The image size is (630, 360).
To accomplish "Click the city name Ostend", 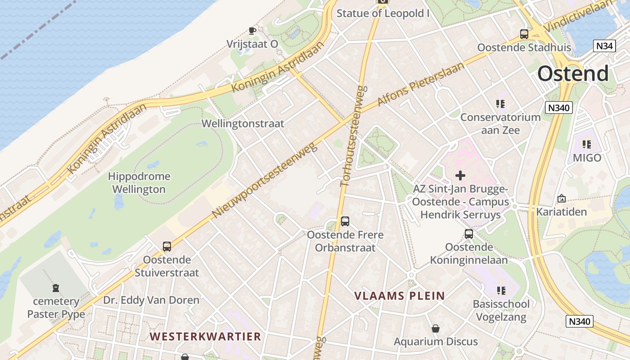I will pyautogui.click(x=573, y=73).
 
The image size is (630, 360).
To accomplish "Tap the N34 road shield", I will pyautogui.click(x=604, y=46).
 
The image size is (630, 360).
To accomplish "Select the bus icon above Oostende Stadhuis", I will pyautogui.click(x=524, y=34).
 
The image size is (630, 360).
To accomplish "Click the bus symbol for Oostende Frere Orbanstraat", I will pyautogui.click(x=345, y=221).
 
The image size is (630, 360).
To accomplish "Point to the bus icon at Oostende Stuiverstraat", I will pyautogui.click(x=167, y=247).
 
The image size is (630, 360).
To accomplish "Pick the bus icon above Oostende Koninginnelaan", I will pyautogui.click(x=469, y=234).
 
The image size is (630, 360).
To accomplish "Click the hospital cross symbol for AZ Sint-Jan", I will pyautogui.click(x=460, y=175).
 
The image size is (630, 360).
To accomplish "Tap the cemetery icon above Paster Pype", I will pyautogui.click(x=56, y=288).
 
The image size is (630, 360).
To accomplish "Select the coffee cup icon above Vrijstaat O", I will pyautogui.click(x=252, y=31).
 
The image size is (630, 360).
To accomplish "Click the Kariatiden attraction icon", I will pyautogui.click(x=561, y=198).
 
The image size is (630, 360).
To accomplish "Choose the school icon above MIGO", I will pyautogui.click(x=587, y=144).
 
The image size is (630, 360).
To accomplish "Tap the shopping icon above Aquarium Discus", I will pyautogui.click(x=436, y=328).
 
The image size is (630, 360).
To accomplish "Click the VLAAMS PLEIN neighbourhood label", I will pyautogui.click(x=399, y=296).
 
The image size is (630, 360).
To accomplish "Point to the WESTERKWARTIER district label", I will pyautogui.click(x=205, y=336).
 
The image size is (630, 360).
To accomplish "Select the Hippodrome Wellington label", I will pyautogui.click(x=139, y=183).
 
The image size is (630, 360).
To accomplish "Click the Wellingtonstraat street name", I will pyautogui.click(x=243, y=123).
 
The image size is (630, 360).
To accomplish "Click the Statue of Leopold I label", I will pyautogui.click(x=383, y=13).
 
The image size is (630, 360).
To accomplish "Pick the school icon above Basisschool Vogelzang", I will pyautogui.click(x=501, y=291).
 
